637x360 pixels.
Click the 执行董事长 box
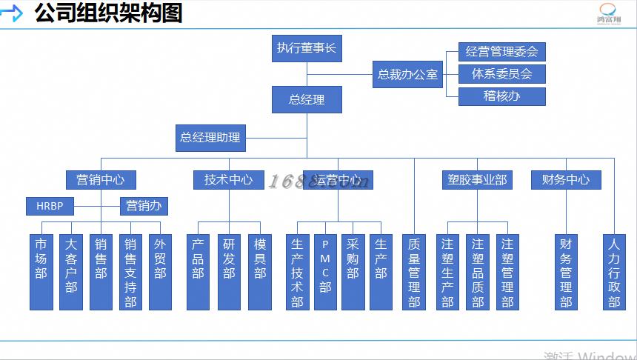(306, 49)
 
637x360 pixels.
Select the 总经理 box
(306, 99)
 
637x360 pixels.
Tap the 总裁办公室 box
(407, 74)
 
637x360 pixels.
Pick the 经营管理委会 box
(501, 52)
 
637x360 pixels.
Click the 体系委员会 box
(501, 74)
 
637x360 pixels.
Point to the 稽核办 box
(501, 96)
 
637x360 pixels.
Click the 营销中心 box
(101, 179)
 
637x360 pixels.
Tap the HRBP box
(50, 205)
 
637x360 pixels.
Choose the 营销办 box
(144, 205)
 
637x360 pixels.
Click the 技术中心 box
(228, 179)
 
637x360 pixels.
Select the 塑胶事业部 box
(478, 179)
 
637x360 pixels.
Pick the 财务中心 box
(566, 179)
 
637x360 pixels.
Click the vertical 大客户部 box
(71, 272)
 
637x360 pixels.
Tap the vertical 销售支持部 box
(130, 272)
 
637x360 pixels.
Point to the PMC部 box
(325, 272)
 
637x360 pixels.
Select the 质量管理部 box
(414, 272)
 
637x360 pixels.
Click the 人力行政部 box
(614, 272)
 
